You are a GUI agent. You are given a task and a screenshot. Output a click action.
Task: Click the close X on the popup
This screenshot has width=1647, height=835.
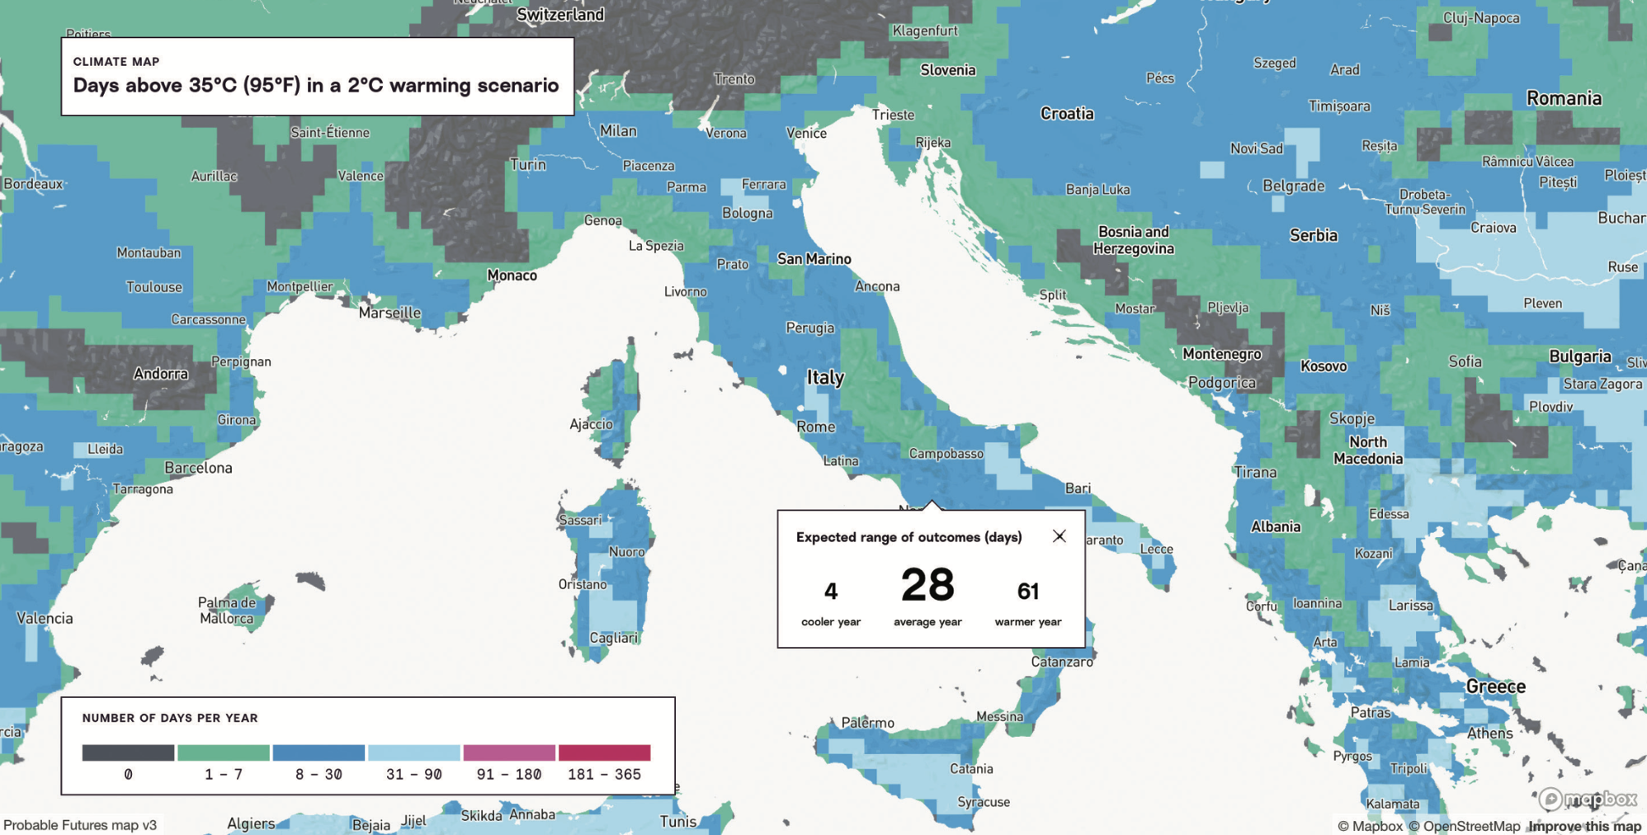point(1059,536)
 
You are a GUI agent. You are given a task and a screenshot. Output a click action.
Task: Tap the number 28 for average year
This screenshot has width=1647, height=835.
point(927,585)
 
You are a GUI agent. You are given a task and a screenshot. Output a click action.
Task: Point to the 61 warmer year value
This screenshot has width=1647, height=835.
point(1027,591)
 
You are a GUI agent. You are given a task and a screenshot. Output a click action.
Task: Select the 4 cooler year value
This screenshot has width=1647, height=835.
point(831,591)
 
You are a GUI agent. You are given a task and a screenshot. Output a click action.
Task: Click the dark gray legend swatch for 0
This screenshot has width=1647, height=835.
point(128,752)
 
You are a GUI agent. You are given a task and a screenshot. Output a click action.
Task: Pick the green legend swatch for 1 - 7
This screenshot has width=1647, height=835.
point(224,752)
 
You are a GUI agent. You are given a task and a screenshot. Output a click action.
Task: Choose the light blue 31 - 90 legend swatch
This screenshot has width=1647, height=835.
point(414,752)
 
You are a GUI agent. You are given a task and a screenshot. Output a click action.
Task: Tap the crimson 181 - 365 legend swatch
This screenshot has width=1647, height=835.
point(605,752)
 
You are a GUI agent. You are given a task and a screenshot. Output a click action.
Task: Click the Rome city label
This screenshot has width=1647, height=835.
point(815,427)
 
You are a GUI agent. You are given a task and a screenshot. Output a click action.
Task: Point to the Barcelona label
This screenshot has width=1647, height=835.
point(198,468)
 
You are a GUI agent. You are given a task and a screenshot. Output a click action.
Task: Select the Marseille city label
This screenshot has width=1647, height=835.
point(389,313)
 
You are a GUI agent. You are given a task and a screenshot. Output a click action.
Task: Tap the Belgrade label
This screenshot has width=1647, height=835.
point(1293,186)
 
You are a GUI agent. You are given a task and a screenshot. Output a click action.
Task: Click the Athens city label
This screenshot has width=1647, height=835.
point(1489,733)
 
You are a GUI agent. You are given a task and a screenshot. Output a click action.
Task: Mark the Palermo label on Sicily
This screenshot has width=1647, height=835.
point(867,723)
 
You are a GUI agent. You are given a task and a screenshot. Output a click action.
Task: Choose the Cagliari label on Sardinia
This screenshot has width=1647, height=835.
point(613,638)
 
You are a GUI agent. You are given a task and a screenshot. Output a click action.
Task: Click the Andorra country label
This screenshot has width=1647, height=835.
point(161,374)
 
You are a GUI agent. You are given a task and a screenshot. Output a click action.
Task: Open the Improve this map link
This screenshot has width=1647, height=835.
point(1584,826)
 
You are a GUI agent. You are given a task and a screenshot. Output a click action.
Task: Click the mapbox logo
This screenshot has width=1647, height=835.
point(1588,799)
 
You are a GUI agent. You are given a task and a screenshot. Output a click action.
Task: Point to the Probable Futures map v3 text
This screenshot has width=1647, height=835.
point(80,825)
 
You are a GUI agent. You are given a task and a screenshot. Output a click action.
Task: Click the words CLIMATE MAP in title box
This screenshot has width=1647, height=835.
point(116,62)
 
